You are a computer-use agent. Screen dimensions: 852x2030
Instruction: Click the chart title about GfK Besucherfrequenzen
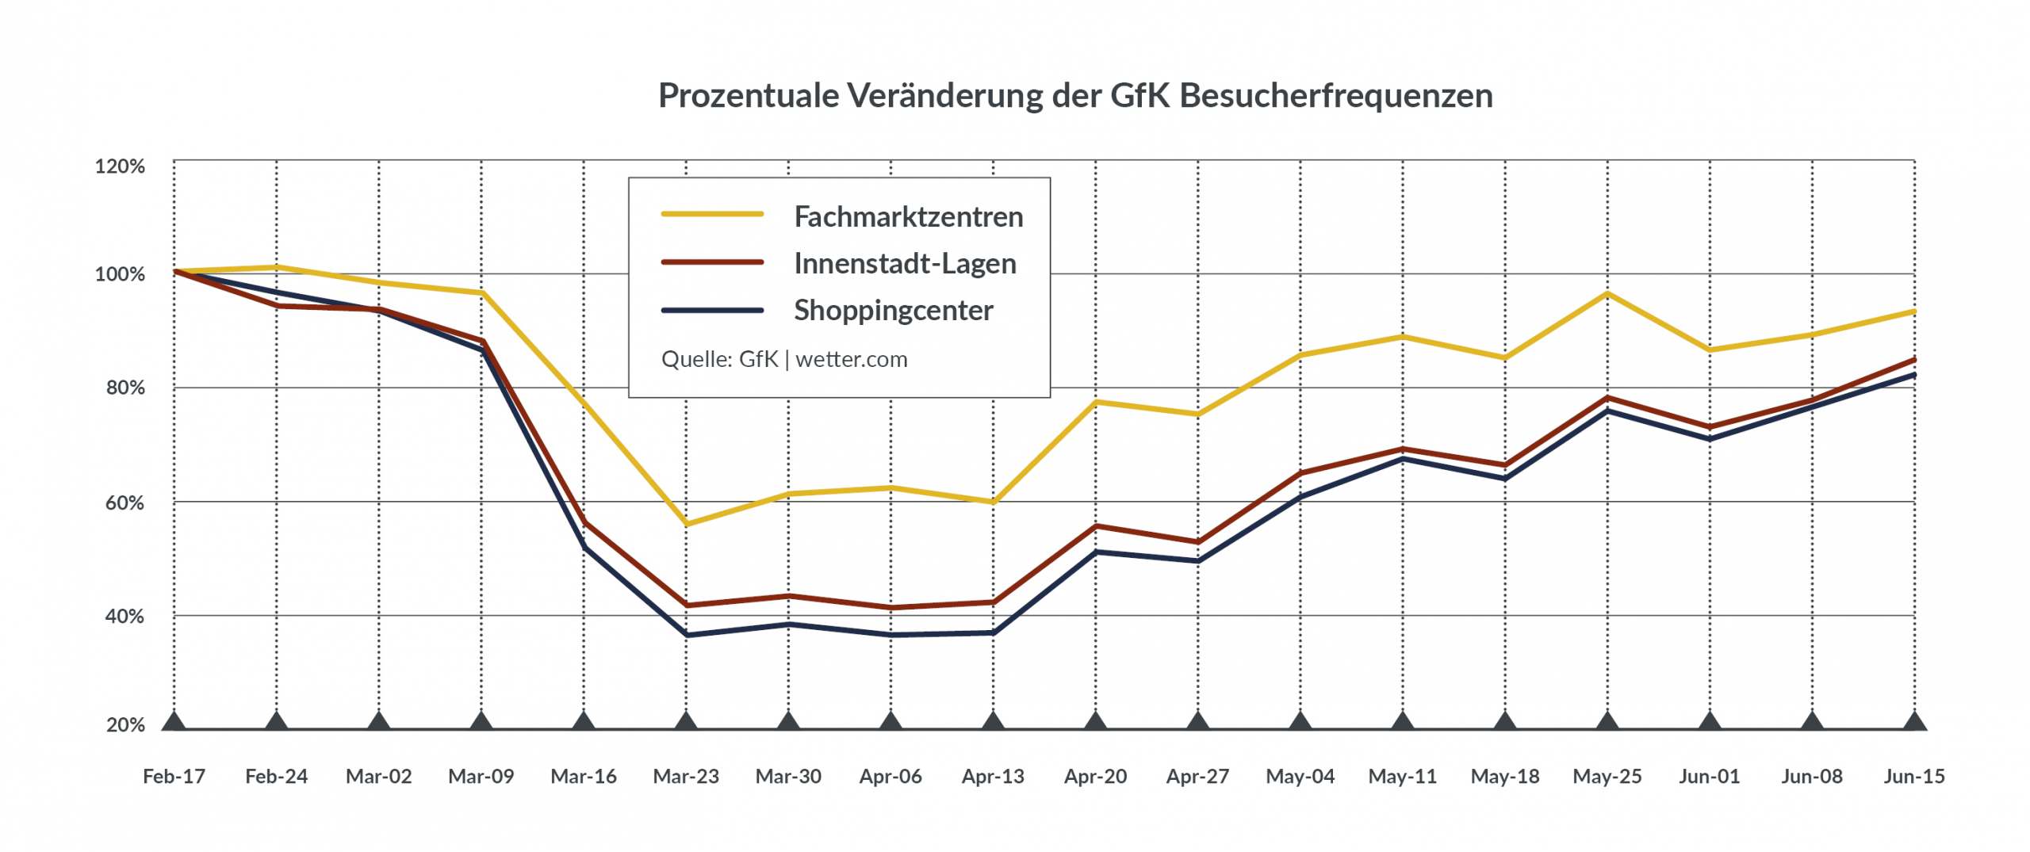(x=1075, y=95)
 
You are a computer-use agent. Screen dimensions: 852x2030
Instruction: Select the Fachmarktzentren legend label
(x=908, y=216)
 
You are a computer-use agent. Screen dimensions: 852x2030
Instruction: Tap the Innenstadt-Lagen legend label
(x=905, y=263)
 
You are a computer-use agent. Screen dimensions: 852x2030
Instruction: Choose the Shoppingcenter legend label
(x=893, y=310)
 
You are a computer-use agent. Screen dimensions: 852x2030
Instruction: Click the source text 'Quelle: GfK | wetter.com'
(x=783, y=359)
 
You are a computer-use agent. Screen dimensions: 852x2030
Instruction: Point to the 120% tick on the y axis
(x=120, y=166)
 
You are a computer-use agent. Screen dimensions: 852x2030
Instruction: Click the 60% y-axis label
(x=124, y=502)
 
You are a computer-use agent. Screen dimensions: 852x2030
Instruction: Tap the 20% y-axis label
(x=125, y=724)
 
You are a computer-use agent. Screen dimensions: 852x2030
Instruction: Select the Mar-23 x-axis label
(x=686, y=776)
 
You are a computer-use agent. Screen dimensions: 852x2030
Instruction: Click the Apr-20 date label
(x=1095, y=776)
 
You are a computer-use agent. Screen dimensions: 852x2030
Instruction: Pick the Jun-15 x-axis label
(x=1914, y=776)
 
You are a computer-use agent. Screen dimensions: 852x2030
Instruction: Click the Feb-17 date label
(x=174, y=776)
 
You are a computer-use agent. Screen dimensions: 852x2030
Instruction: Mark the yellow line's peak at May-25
(x=1607, y=294)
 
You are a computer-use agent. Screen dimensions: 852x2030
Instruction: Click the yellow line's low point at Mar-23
(x=686, y=524)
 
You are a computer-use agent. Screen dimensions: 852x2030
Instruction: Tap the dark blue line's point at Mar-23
(x=686, y=635)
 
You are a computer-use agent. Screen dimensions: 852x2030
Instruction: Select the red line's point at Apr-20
(x=1096, y=526)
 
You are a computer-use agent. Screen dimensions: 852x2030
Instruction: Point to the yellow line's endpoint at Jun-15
(x=1914, y=311)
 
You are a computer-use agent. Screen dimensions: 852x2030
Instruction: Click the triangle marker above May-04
(x=1300, y=721)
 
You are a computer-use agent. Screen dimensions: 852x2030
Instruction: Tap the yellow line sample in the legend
(x=712, y=214)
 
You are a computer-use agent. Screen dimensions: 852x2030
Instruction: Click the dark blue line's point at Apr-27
(x=1198, y=560)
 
